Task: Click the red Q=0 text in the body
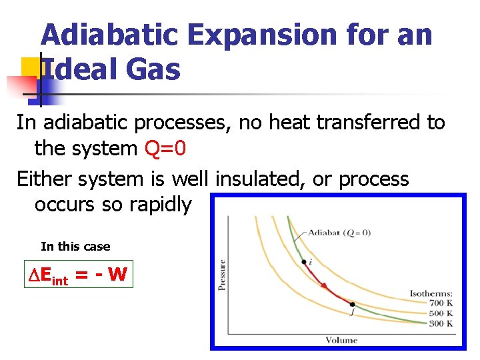click(165, 149)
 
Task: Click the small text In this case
click(75, 247)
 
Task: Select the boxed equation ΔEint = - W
click(79, 274)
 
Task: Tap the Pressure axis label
click(222, 274)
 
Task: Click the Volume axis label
click(341, 340)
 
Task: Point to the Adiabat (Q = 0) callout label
click(339, 233)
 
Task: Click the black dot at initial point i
click(304, 261)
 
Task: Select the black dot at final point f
click(352, 304)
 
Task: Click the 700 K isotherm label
click(441, 302)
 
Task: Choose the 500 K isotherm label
click(441, 313)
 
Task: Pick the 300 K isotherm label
click(441, 323)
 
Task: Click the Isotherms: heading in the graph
click(431, 292)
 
